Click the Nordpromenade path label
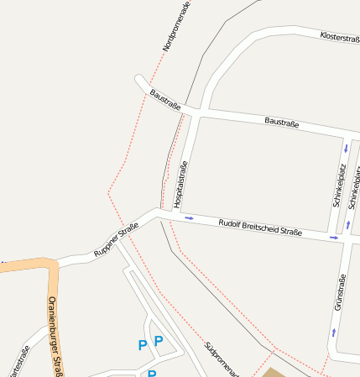pyautogui.click(x=176, y=26)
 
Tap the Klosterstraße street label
pyautogui.click(x=339, y=38)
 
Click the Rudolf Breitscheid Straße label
pyautogui.click(x=259, y=228)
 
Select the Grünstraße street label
pyautogui.click(x=341, y=294)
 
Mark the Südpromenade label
pyautogui.click(x=222, y=359)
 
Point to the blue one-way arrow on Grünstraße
pyautogui.click(x=334, y=332)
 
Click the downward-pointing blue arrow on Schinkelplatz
pyautogui.click(x=345, y=149)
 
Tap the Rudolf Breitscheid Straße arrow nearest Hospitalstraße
pyautogui.click(x=189, y=218)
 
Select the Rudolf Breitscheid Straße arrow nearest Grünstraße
pyautogui.click(x=334, y=238)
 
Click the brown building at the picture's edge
pyautogui.click(x=274, y=372)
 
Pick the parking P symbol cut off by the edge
pyautogui.click(x=152, y=373)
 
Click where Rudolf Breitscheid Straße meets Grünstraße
pyautogui.click(x=343, y=241)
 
